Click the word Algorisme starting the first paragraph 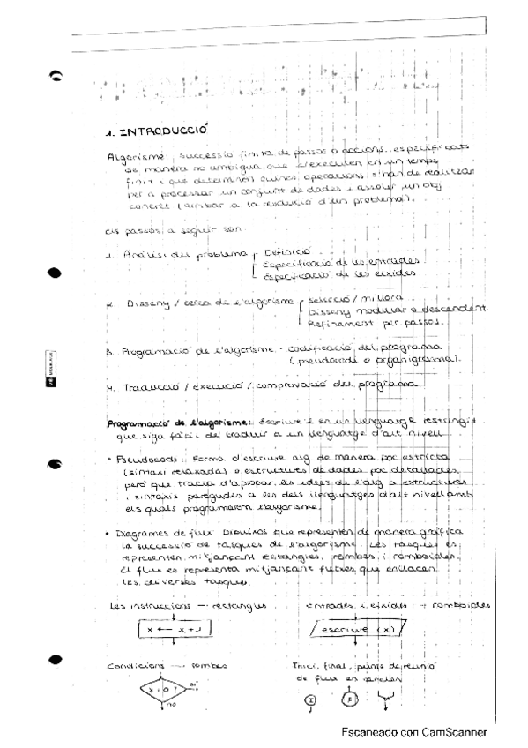(130, 157)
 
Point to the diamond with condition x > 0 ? (164, 688)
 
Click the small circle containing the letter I (309, 699)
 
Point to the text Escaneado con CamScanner (413, 732)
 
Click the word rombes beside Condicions (209, 666)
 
